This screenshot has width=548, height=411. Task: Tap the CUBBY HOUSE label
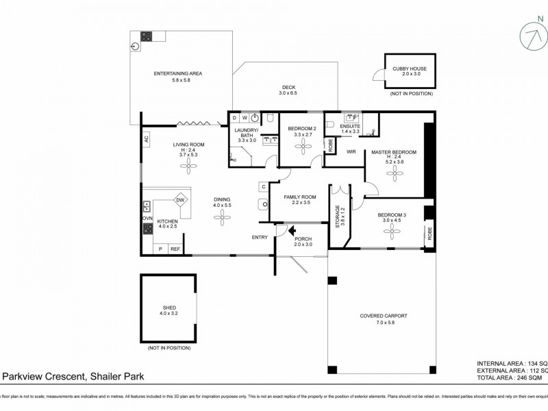tap(409, 68)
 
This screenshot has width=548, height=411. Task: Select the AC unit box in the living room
tap(147, 138)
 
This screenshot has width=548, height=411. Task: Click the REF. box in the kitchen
tap(175, 249)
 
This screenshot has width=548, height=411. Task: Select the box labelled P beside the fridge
tap(161, 249)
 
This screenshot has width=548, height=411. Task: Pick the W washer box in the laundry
tap(245, 118)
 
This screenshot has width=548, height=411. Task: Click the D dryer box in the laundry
tap(234, 118)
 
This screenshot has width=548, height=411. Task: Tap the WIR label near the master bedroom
tap(351, 151)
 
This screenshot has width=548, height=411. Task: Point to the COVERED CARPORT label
tap(384, 316)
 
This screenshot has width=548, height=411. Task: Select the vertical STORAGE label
tap(336, 215)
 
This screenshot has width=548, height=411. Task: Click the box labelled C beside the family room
tap(263, 186)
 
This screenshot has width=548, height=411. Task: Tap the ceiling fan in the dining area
tap(223, 216)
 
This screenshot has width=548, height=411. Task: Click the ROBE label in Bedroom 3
tap(429, 232)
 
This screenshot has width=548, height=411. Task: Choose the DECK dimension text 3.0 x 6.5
tap(288, 93)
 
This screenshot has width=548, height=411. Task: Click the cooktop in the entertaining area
tap(146, 36)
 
